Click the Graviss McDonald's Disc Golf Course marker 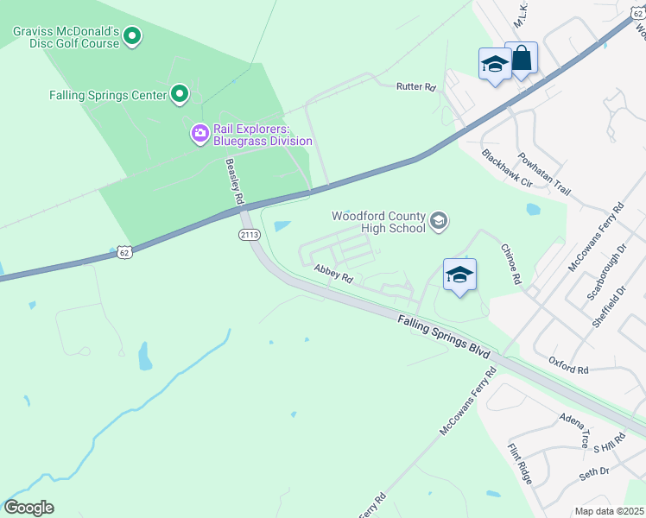pyautogui.click(x=132, y=36)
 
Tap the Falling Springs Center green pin pyautogui.click(x=180, y=94)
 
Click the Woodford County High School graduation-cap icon pyautogui.click(x=439, y=222)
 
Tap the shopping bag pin pyautogui.click(x=522, y=59)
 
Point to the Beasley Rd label pyautogui.click(x=234, y=180)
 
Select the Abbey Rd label pyautogui.click(x=333, y=275)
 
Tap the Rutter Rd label pyautogui.click(x=415, y=86)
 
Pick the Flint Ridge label pyautogui.click(x=519, y=462)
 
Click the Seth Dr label pyautogui.click(x=594, y=471)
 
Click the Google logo pyautogui.click(x=28, y=508)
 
